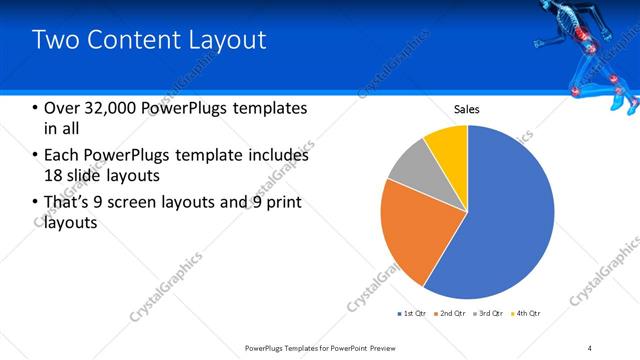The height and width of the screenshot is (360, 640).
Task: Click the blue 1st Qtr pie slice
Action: coord(500,220)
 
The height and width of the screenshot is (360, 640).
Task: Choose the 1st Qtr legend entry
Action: coord(413,314)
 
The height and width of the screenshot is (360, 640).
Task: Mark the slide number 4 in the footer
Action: coord(589,347)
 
